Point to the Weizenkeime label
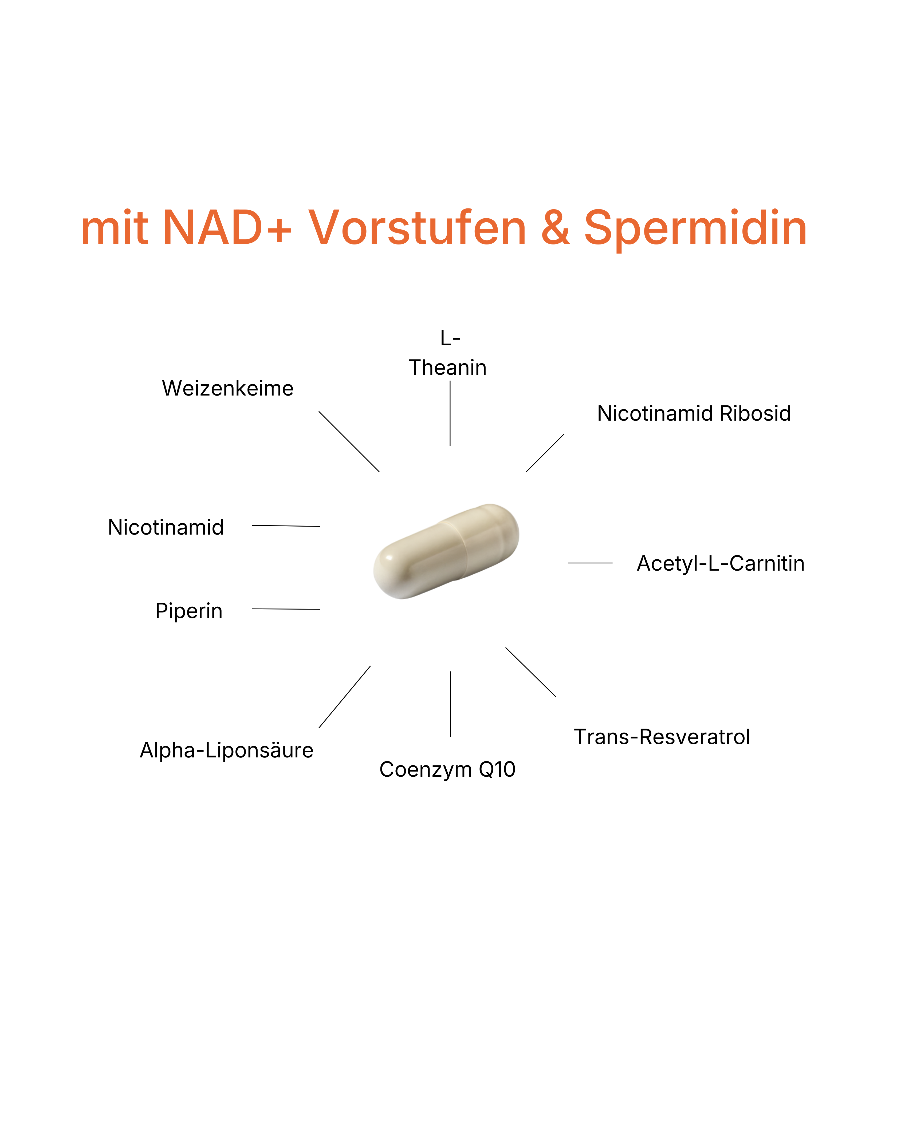[228, 389]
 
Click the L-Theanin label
[448, 353]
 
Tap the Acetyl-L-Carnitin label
[720, 563]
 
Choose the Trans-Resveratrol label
[662, 737]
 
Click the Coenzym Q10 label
[447, 769]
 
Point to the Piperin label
[188, 611]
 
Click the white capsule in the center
[446, 551]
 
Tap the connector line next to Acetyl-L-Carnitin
[590, 563]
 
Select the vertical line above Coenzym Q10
[450, 704]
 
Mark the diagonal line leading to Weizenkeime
[349, 441]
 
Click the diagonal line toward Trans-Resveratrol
[531, 672]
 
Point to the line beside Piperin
[286, 609]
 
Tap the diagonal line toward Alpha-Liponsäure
[345, 697]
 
